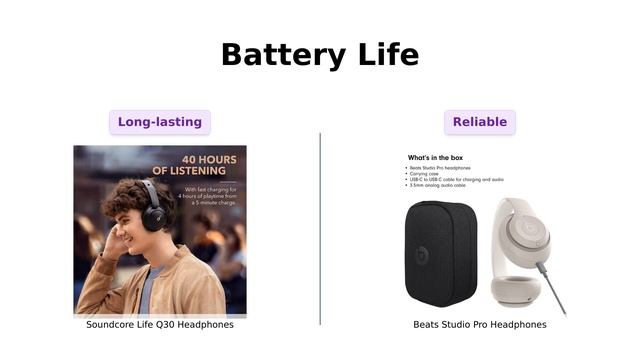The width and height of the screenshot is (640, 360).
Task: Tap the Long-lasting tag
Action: coord(160,122)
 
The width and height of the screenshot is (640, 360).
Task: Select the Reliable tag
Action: coord(480,122)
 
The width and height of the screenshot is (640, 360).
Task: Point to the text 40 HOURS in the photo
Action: coord(209,160)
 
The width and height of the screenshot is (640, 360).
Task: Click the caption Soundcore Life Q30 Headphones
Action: coord(160,325)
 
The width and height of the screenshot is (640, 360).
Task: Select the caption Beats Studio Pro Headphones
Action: coord(480,325)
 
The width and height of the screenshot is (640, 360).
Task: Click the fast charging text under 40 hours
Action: coord(210,194)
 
